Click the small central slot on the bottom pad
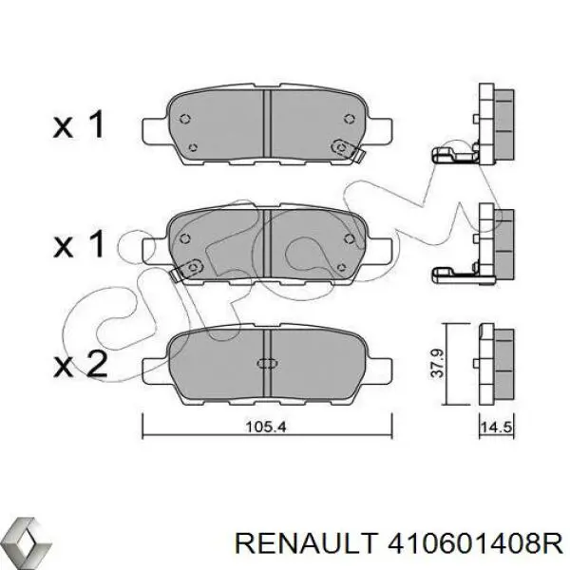click(x=267, y=362)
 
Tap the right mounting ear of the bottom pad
click(x=379, y=365)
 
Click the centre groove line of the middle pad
click(x=267, y=243)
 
